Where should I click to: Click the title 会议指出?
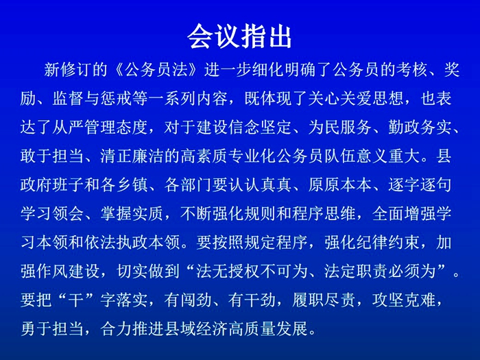pyautogui.click(x=239, y=36)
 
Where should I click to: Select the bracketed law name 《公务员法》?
pyautogui.click(x=156, y=70)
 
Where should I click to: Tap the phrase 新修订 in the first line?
pyautogui.click(x=68, y=70)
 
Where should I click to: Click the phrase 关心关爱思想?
pyautogui.click(x=356, y=99)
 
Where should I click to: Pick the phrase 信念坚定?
pyautogui.click(x=260, y=128)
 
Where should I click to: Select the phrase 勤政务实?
pyautogui.click(x=420, y=128)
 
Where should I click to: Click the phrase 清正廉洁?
pyautogui.click(x=132, y=156)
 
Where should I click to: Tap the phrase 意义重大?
pyautogui.click(x=388, y=156)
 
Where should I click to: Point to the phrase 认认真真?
pyautogui.click(x=260, y=184)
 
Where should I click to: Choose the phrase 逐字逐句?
pyautogui.click(x=420, y=184)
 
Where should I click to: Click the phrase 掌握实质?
pyautogui.click(x=132, y=213)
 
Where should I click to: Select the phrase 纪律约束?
pyautogui.click(x=388, y=242)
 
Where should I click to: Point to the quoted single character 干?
pyautogui.click(x=76, y=300)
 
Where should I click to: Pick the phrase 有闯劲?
pyautogui.click(x=188, y=300)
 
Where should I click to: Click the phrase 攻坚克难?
pyautogui.click(x=404, y=300)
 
